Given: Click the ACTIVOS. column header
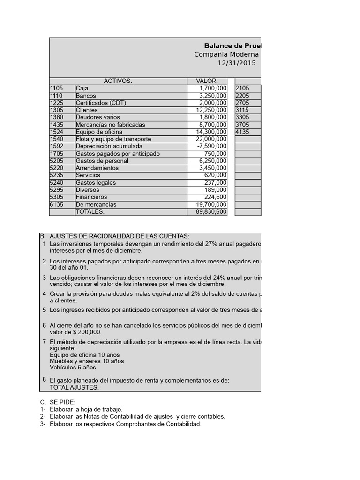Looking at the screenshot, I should coord(118,81).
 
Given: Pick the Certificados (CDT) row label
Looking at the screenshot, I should coord(101,103).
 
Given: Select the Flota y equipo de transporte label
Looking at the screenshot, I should coord(113,139).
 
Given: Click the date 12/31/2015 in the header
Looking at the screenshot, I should coord(237,63).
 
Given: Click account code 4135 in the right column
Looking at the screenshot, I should coord(242,132).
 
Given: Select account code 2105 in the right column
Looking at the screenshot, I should coord(242,88).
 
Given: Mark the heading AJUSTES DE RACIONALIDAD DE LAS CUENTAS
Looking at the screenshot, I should coord(119,236).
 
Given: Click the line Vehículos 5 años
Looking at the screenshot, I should coord(73,368).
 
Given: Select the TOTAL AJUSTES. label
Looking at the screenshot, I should coord(74,387).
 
